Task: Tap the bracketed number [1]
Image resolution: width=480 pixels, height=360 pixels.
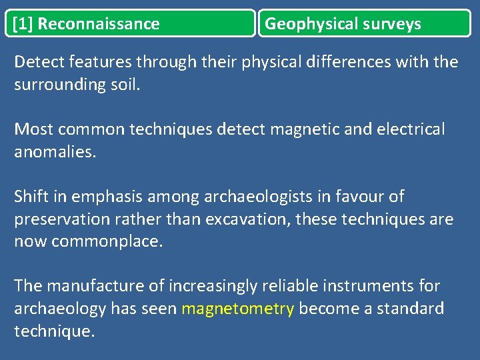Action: [x=23, y=25]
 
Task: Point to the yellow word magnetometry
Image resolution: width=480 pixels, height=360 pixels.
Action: [x=237, y=309]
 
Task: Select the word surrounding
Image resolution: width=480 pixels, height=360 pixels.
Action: [x=57, y=86]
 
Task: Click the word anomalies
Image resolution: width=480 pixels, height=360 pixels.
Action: [x=55, y=153]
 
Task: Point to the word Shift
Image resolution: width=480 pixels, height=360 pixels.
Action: [x=31, y=197]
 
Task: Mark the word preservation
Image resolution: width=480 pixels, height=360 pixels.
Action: [x=64, y=220]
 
